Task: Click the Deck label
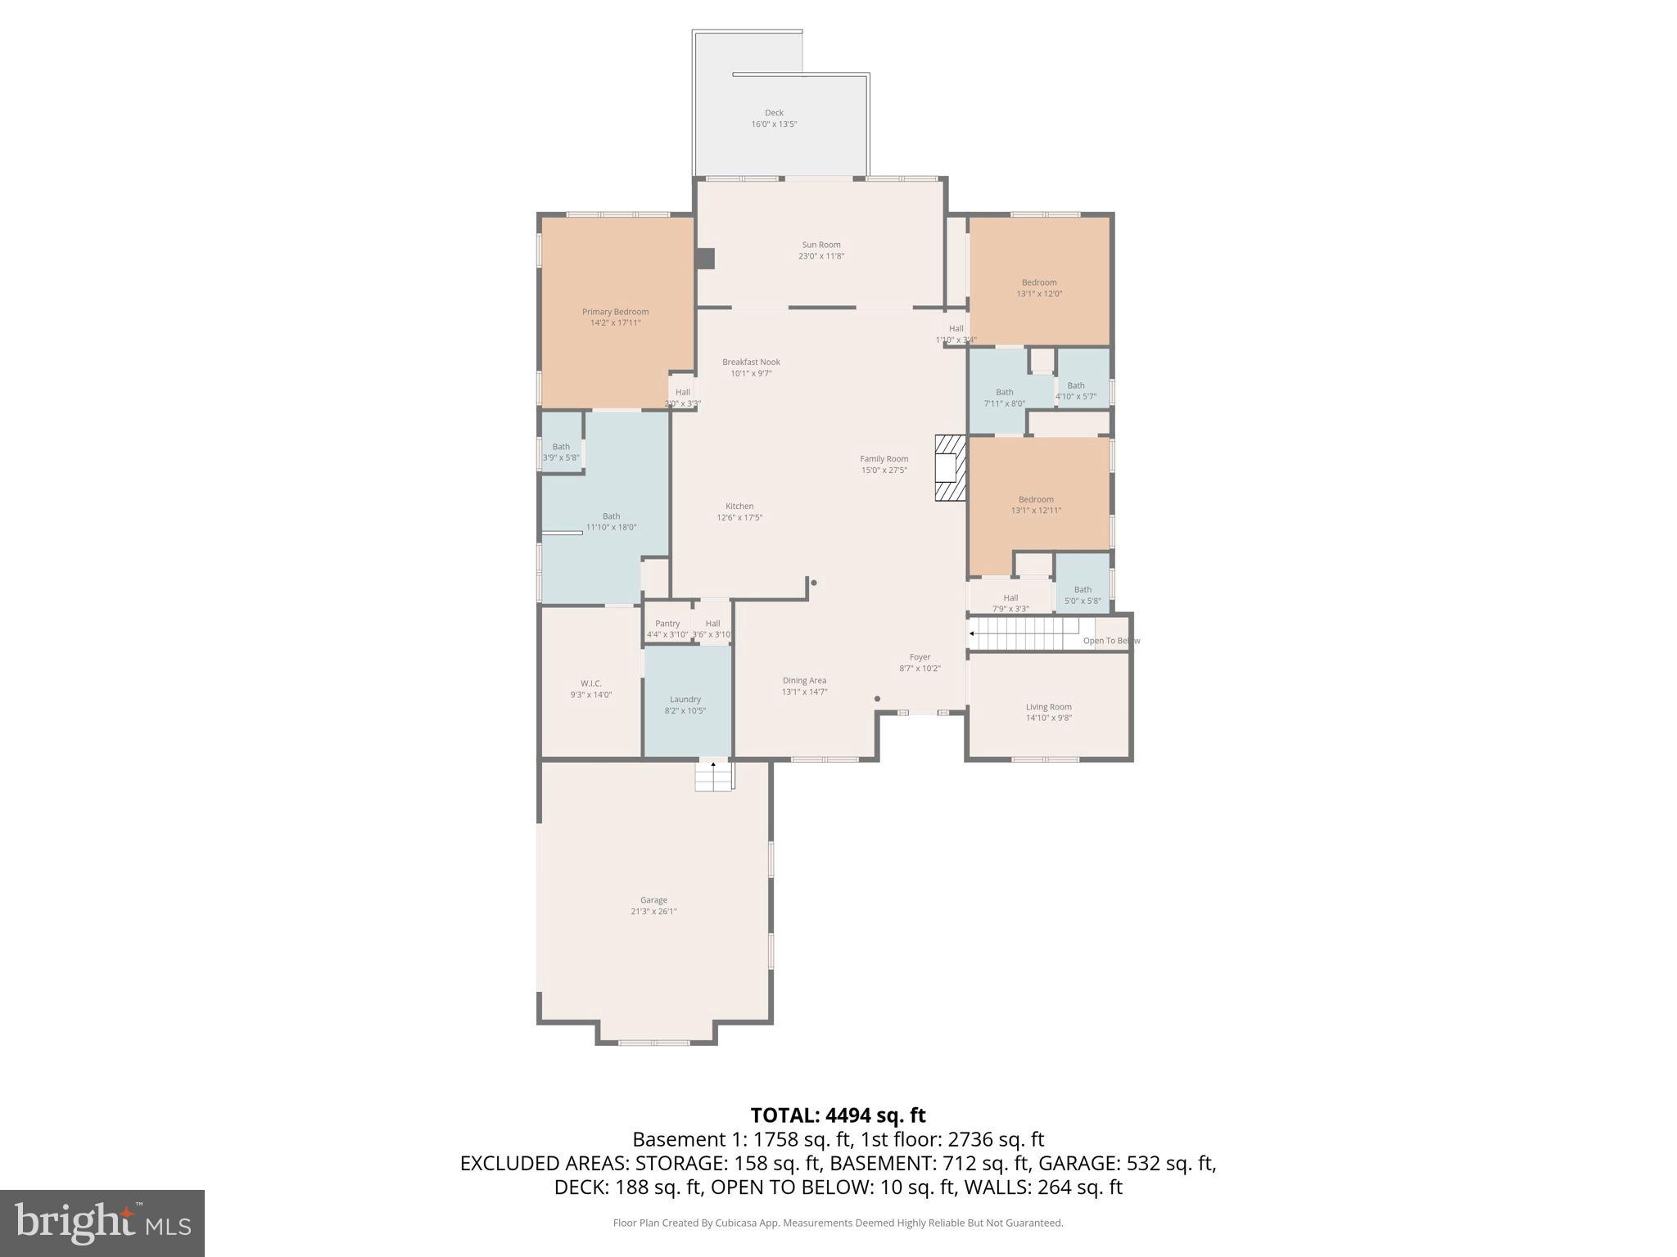pyautogui.click(x=774, y=113)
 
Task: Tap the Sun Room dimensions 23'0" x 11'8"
pyautogui.click(x=820, y=256)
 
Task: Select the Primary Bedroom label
pyautogui.click(x=615, y=312)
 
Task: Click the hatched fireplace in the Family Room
pyautogui.click(x=951, y=468)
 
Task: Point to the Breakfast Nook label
pyautogui.click(x=751, y=362)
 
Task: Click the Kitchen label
pyautogui.click(x=739, y=506)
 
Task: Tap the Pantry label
pyautogui.click(x=667, y=624)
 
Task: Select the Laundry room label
pyautogui.click(x=685, y=700)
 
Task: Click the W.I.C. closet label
pyautogui.click(x=591, y=683)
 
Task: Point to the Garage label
pyautogui.click(x=653, y=900)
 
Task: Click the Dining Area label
pyautogui.click(x=804, y=680)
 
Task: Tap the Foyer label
pyautogui.click(x=920, y=657)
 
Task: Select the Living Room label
pyautogui.click(x=1048, y=707)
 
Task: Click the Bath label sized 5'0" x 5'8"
pyautogui.click(x=1083, y=589)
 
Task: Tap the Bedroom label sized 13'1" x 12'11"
pyautogui.click(x=1036, y=499)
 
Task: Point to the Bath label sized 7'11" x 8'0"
pyautogui.click(x=1005, y=392)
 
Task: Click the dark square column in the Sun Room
pyautogui.click(x=705, y=258)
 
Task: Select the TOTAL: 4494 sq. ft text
pyautogui.click(x=838, y=1115)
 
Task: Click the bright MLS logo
pyautogui.click(x=102, y=1223)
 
